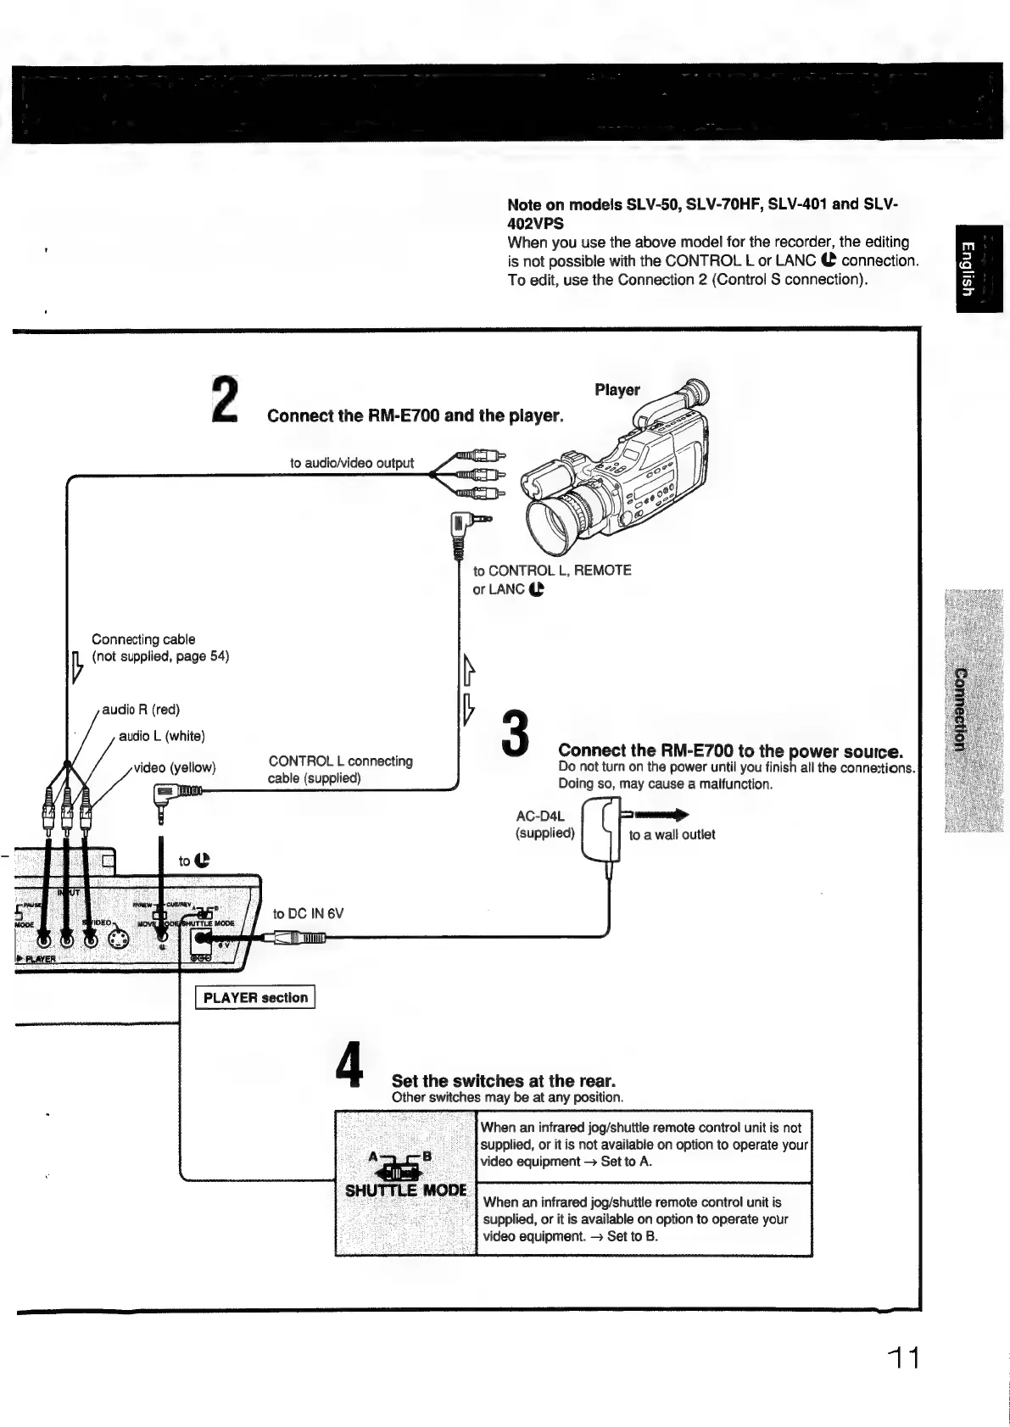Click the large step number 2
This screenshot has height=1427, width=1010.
tap(225, 400)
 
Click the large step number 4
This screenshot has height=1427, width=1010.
tap(349, 1066)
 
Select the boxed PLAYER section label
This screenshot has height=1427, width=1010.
tap(255, 998)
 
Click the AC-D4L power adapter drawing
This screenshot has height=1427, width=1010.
tap(603, 830)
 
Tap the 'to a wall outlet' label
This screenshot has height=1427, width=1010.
tap(672, 834)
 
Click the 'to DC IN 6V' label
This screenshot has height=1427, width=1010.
tap(308, 913)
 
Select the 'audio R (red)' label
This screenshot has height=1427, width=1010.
tap(141, 709)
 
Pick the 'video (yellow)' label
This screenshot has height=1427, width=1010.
tap(175, 767)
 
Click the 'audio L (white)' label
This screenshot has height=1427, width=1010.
tap(162, 736)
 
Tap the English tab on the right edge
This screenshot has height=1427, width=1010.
tap(979, 269)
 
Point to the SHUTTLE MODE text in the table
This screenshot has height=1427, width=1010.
tap(405, 1190)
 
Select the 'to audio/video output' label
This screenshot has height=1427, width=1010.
tap(351, 463)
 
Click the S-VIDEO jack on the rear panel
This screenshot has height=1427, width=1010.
tap(119, 939)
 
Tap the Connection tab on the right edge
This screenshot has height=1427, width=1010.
tap(973, 710)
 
